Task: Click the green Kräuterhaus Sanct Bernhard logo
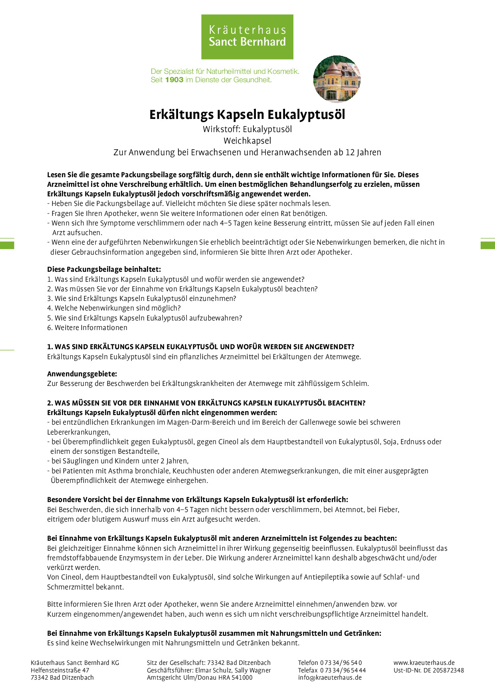[247, 37]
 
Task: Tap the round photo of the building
[337, 79]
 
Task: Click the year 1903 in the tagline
[174, 80]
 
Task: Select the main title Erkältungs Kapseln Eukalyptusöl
[247, 115]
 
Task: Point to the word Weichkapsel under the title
[247, 141]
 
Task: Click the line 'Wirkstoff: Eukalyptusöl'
[247, 129]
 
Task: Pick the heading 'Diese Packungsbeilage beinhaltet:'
[104, 269]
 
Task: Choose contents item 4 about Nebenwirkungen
[114, 308]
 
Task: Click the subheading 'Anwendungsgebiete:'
[82, 374]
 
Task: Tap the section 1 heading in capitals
[200, 347]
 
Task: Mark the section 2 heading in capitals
[206, 403]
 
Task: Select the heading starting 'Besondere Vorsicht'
[197, 500]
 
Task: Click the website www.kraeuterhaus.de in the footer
[424, 663]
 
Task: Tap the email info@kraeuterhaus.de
[330, 677]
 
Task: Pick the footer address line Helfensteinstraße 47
[60, 670]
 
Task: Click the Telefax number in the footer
[331, 670]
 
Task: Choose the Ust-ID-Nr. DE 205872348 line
[429, 670]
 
